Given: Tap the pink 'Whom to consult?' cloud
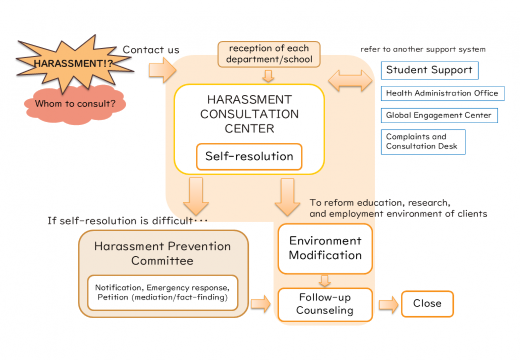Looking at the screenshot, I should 75,104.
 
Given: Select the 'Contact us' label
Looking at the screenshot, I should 151,49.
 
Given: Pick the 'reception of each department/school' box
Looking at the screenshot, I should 269,54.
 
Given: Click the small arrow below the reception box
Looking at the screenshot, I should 269,76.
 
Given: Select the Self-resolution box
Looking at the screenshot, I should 249,157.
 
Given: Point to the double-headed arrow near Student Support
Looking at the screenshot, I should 350,81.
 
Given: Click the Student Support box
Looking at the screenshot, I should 429,70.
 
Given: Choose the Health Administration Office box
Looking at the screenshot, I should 442,93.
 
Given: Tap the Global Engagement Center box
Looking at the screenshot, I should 439,115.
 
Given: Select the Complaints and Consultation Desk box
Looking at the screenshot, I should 423,141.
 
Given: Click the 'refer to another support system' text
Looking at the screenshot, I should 423,49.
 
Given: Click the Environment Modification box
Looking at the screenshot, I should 325,248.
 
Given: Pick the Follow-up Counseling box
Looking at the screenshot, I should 325,304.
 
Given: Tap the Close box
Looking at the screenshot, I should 427,303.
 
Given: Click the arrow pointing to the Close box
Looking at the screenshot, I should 389,304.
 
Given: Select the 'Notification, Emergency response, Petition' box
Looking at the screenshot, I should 163,292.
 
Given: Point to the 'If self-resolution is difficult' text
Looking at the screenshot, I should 127,221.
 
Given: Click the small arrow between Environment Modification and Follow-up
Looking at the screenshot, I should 325,281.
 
